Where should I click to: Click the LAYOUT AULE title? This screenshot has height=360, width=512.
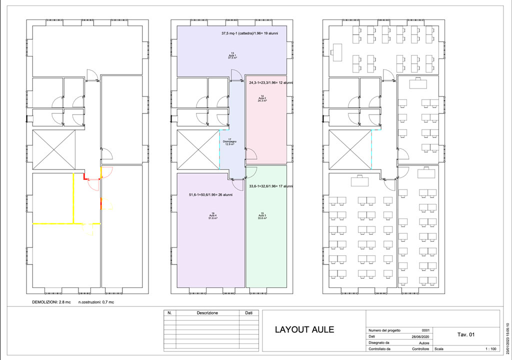pyautogui.click(x=304, y=330)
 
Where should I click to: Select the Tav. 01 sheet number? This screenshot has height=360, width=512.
pyautogui.click(x=465, y=334)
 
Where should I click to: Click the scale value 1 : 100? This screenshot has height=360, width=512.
pyautogui.click(x=488, y=349)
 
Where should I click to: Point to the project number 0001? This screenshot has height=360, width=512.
pyautogui.click(x=425, y=330)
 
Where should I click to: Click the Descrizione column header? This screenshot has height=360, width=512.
pyautogui.click(x=207, y=313)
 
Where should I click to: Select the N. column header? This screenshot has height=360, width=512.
pyautogui.click(x=169, y=313)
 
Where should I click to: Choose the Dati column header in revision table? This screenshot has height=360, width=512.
pyautogui.click(x=248, y=313)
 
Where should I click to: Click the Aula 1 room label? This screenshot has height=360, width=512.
pyautogui.click(x=232, y=55)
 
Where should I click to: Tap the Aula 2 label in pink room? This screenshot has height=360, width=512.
pyautogui.click(x=262, y=98)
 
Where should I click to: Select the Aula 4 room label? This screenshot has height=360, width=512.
pyautogui.click(x=213, y=215)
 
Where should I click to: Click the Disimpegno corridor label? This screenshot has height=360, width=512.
pyautogui.click(x=229, y=141)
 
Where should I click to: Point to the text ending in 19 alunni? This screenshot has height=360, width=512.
pyautogui.click(x=250, y=33)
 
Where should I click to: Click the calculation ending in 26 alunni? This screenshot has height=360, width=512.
pyautogui.click(x=210, y=195)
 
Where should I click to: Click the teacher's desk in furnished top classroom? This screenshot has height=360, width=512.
pyautogui.click(x=336, y=50)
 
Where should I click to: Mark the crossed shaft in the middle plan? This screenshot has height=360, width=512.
pyautogui.click(x=198, y=149)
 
